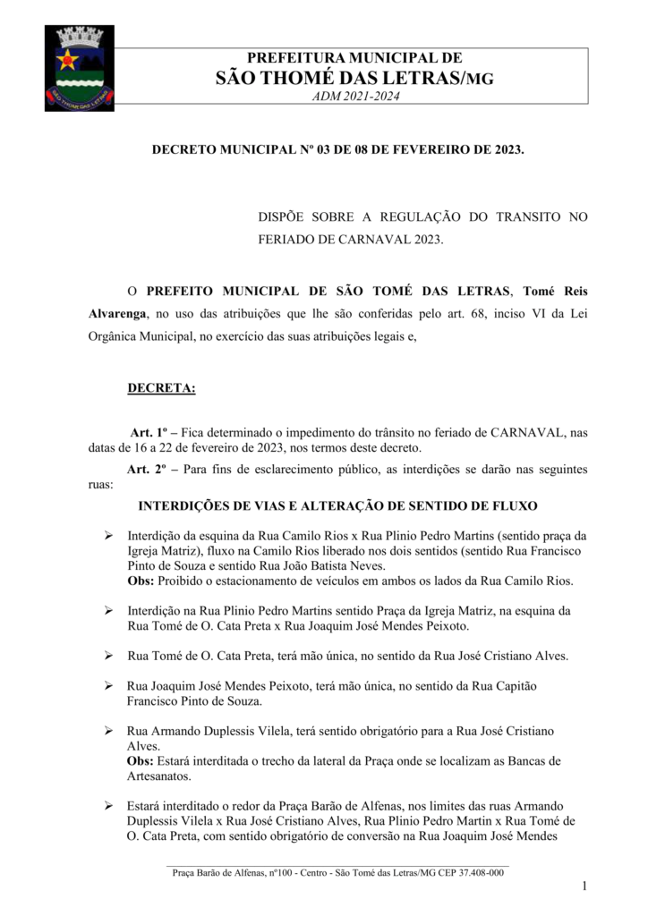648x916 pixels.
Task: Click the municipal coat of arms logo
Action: [x=79, y=68]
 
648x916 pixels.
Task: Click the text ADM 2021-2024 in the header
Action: [x=354, y=97]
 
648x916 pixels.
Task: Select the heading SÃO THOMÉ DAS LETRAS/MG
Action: [x=354, y=78]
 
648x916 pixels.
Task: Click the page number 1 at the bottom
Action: [x=584, y=886]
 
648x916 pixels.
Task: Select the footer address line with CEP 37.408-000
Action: [x=337, y=872]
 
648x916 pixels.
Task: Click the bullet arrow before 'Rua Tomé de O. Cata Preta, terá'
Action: [x=107, y=656]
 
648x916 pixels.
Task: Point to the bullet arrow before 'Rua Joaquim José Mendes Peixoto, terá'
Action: [x=107, y=685]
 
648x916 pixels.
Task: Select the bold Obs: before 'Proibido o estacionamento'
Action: [x=141, y=581]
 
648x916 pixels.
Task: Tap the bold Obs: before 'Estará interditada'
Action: [x=141, y=760]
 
